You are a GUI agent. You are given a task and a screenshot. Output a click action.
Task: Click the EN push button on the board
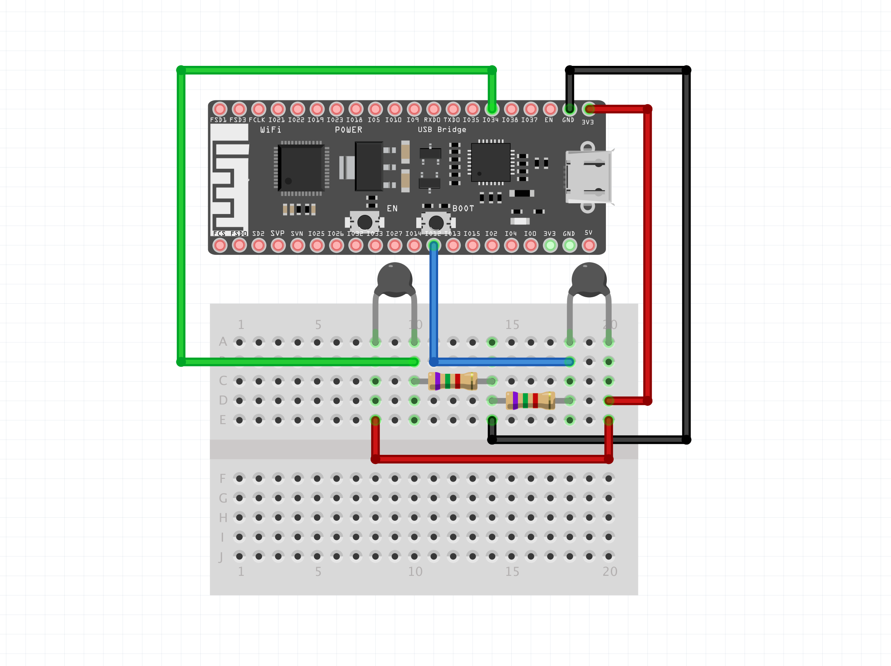tap(364, 222)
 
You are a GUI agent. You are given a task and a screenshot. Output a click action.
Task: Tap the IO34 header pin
tap(492, 109)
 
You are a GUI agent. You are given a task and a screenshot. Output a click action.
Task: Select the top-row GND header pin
tap(569, 109)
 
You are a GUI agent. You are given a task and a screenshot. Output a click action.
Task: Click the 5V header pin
tap(589, 246)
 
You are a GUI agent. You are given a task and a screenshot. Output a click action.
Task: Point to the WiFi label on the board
tap(271, 130)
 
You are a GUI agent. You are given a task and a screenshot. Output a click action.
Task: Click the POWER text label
tap(348, 130)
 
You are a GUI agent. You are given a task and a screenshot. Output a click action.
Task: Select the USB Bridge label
tap(442, 130)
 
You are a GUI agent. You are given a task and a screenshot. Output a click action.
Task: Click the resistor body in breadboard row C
tap(452, 381)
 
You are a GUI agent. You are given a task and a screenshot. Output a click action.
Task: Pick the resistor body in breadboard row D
tap(530, 401)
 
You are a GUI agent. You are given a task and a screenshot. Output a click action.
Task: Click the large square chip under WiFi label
tap(301, 168)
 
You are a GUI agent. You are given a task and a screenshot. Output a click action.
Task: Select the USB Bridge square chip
tap(491, 162)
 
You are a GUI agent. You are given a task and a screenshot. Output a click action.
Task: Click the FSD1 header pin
tap(220, 109)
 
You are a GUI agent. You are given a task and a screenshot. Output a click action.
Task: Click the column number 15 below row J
tap(512, 571)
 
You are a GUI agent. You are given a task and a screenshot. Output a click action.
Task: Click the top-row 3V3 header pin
tap(589, 109)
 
